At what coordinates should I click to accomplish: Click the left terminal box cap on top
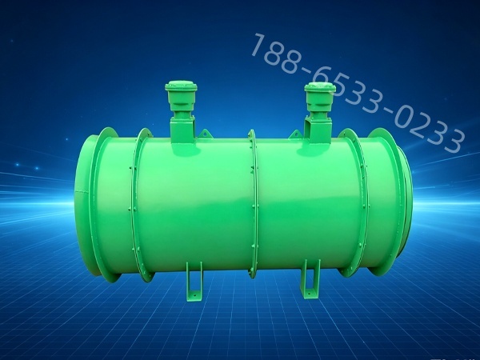(181, 87)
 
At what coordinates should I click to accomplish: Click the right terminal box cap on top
(320, 88)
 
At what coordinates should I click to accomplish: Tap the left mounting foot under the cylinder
(194, 282)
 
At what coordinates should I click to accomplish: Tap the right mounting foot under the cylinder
(310, 279)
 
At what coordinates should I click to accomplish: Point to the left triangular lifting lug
(205, 134)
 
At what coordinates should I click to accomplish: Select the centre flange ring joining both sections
(253, 203)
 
